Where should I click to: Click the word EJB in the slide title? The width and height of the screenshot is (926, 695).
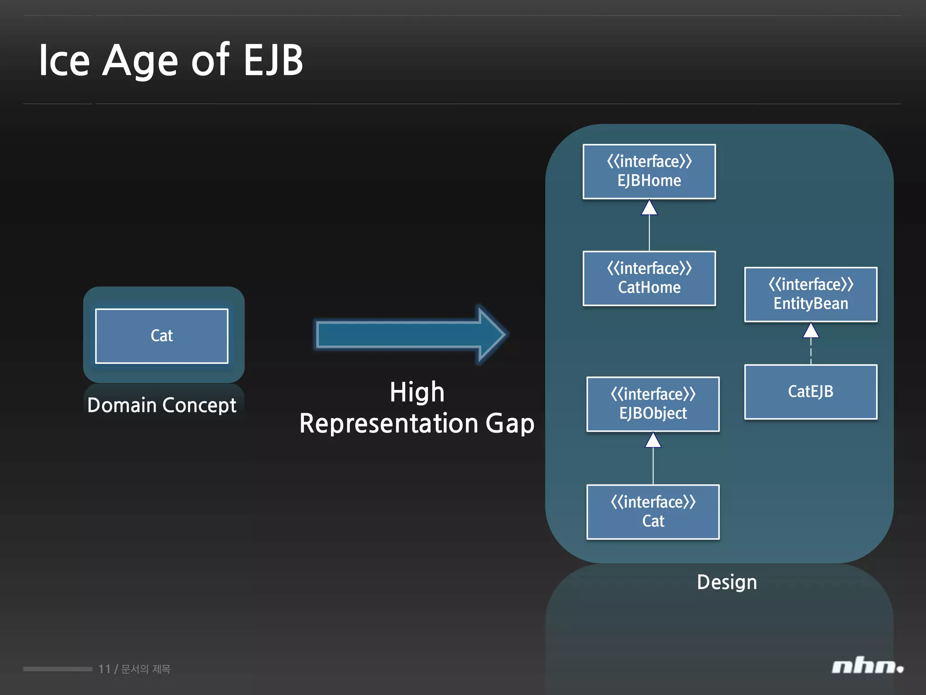(x=273, y=60)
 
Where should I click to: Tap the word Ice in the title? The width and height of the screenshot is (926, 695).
(x=64, y=60)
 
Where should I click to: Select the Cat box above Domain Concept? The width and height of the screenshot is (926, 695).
(x=161, y=336)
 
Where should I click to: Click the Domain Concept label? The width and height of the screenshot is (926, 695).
(x=161, y=405)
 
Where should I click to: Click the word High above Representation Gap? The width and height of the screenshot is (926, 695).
(x=417, y=392)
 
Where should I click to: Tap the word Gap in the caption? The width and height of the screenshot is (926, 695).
(x=510, y=424)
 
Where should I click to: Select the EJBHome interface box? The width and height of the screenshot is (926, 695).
(x=649, y=171)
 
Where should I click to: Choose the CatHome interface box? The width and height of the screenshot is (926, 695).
(x=649, y=278)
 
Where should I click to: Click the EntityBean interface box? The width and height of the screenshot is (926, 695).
(x=810, y=294)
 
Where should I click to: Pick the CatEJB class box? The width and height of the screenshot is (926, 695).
(x=810, y=391)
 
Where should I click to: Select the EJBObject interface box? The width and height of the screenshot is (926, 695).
(x=652, y=404)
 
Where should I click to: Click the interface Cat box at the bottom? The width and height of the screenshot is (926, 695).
(x=652, y=512)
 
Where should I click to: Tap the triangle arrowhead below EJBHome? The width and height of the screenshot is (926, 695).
(x=649, y=208)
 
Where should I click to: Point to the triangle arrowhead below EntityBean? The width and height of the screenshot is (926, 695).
(x=811, y=331)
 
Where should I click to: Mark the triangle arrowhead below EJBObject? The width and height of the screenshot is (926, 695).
(x=653, y=441)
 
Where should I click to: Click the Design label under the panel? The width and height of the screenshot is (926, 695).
(x=727, y=582)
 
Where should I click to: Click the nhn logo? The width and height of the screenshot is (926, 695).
(x=867, y=666)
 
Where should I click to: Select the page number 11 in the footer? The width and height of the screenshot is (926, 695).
(x=104, y=669)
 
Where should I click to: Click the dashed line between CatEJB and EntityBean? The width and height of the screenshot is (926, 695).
(x=811, y=352)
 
